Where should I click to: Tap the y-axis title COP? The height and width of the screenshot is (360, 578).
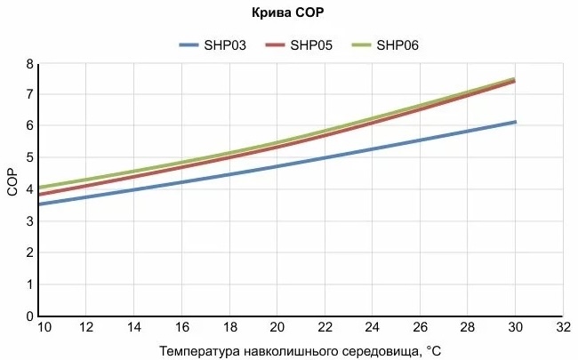12,190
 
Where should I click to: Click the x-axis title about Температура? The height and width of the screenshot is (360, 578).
300,349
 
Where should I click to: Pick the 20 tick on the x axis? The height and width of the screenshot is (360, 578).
277,327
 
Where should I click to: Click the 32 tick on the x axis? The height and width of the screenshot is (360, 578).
563,327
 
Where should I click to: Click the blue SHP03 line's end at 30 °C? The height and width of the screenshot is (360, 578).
515,122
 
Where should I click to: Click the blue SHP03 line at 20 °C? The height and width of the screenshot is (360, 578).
277,166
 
